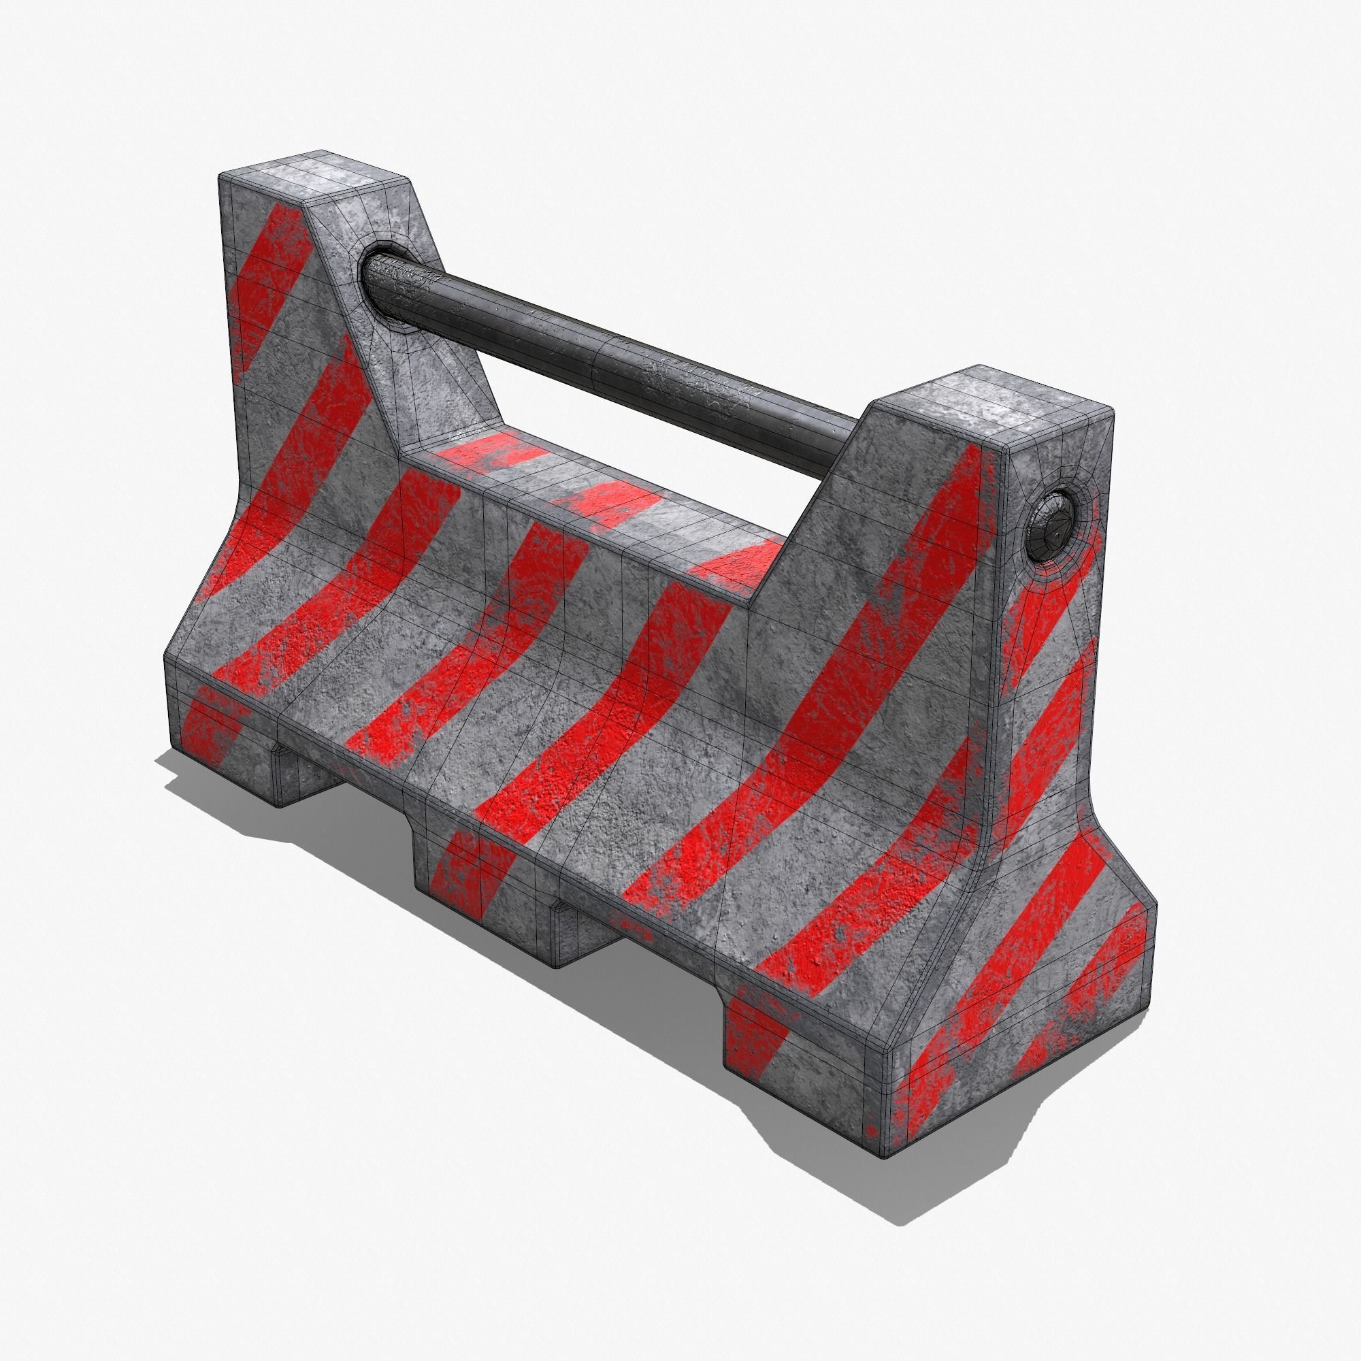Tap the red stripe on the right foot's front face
[x=757, y=1036]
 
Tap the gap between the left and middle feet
[x=345, y=796]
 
